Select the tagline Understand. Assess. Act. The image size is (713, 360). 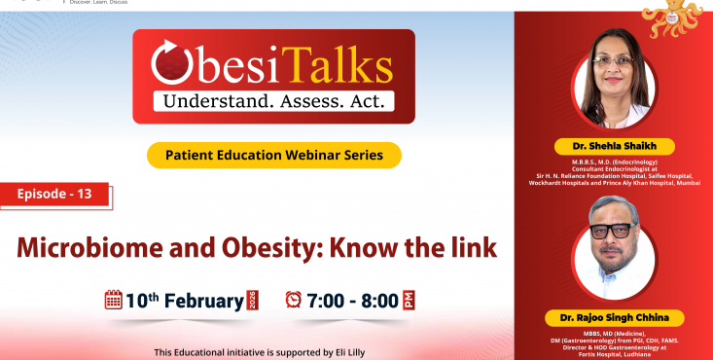(x=273, y=100)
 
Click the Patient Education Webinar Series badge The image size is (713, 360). (x=274, y=154)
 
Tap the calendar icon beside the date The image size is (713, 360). (x=113, y=300)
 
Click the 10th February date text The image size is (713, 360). (x=185, y=300)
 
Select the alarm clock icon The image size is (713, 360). (x=293, y=300)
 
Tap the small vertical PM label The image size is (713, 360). (x=410, y=300)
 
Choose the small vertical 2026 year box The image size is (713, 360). (x=254, y=300)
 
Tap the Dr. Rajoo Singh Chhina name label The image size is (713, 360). (x=614, y=317)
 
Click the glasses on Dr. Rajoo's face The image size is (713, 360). (x=612, y=234)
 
